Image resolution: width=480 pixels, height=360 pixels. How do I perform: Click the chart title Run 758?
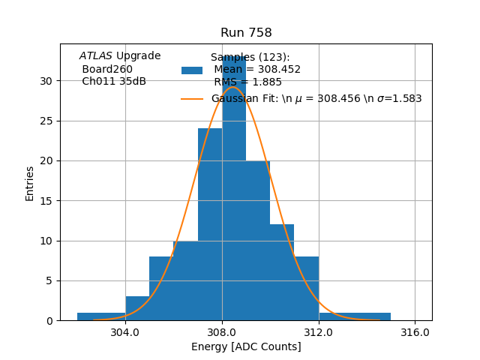(246, 33)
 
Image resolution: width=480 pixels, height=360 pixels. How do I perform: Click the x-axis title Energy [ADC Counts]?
(246, 346)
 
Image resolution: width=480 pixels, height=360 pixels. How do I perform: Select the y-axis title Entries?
(30, 183)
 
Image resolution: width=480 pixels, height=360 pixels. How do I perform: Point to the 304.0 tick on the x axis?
(125, 331)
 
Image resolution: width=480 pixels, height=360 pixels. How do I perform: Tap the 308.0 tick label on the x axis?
(222, 331)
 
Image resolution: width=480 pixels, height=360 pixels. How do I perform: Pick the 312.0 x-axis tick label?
(319, 331)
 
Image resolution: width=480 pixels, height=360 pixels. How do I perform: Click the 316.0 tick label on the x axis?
(415, 331)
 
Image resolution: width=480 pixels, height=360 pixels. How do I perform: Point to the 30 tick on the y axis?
(46, 81)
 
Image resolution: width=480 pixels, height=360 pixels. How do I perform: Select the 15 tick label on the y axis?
(46, 201)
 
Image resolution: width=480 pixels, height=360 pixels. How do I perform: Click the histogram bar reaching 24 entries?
(210, 225)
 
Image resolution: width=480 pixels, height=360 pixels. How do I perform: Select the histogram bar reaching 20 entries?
(258, 240)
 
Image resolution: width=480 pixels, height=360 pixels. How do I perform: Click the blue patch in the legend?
(192, 70)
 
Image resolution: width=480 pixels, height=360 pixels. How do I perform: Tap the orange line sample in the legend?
(192, 98)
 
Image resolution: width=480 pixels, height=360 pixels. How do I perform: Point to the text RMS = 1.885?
(247, 82)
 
